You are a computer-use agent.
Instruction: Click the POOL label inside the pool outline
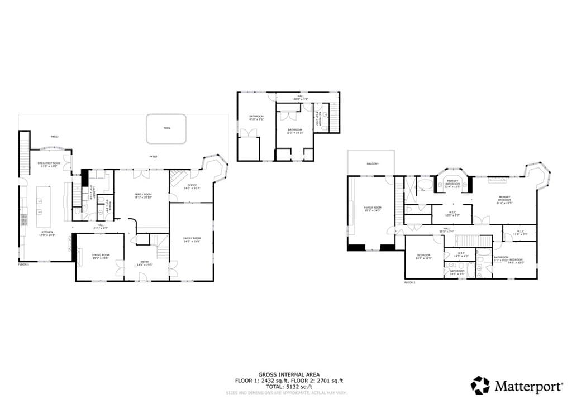[x=167, y=128]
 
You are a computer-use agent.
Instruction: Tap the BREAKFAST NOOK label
[x=49, y=163]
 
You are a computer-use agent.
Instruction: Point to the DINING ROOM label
[x=101, y=255]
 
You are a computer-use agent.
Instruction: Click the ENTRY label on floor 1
[x=145, y=262]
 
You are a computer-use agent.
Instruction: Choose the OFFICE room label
[x=192, y=185]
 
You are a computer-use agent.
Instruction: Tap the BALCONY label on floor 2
[x=373, y=163]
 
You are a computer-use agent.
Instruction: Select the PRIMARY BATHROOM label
[x=452, y=182]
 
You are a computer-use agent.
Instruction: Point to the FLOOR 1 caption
[x=23, y=264]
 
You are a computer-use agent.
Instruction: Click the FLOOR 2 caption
[x=410, y=283]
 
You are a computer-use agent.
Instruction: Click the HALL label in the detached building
[x=301, y=96]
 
